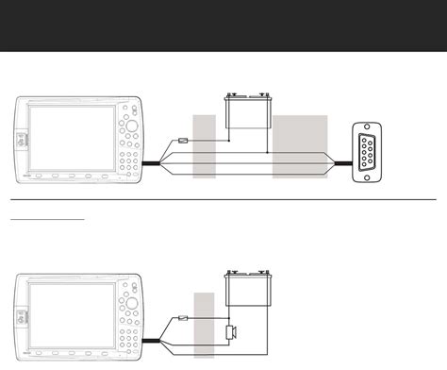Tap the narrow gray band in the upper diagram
tap(204, 146)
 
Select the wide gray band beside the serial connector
tap(300, 146)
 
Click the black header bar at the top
tap(223, 25)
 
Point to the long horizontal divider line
tap(223, 199)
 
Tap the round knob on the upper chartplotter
tap(132, 126)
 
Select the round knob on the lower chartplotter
tap(132, 304)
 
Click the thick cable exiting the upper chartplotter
tap(153, 164)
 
